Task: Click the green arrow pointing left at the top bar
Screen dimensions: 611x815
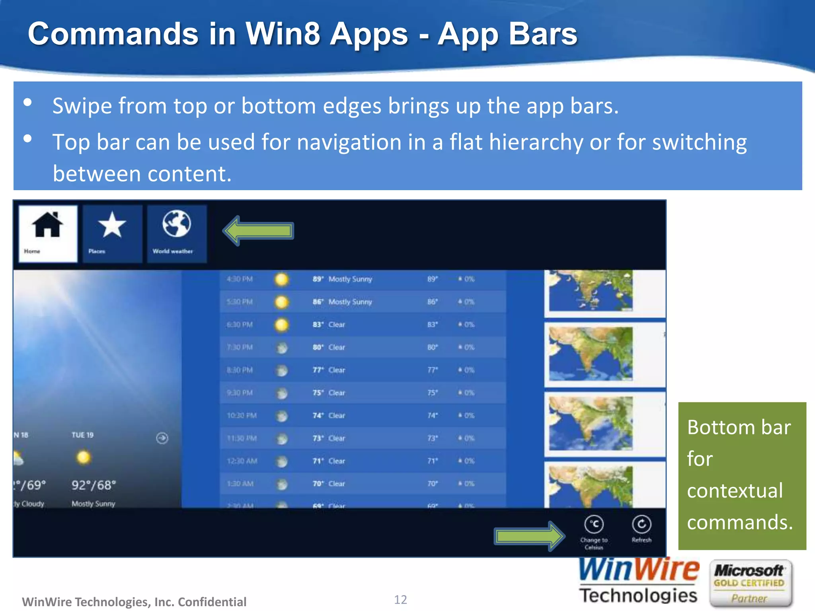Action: pos(259,231)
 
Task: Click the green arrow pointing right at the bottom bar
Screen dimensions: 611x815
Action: pos(529,536)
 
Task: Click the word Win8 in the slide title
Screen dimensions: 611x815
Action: pos(283,34)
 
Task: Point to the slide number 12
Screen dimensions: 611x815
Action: pos(400,599)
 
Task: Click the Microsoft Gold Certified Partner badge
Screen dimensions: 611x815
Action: pos(750,584)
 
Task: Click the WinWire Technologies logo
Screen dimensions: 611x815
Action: pos(638,582)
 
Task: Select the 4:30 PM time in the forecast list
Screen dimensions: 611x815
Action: pos(240,279)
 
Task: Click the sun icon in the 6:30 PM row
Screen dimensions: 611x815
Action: pos(282,325)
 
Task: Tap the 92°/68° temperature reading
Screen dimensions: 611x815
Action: pos(94,485)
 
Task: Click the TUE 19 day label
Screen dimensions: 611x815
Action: pos(82,435)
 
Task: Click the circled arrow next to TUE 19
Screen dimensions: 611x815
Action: pos(162,438)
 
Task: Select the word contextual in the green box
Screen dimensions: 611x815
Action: pos(735,490)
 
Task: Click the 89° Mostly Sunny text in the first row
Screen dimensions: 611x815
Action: pos(342,279)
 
